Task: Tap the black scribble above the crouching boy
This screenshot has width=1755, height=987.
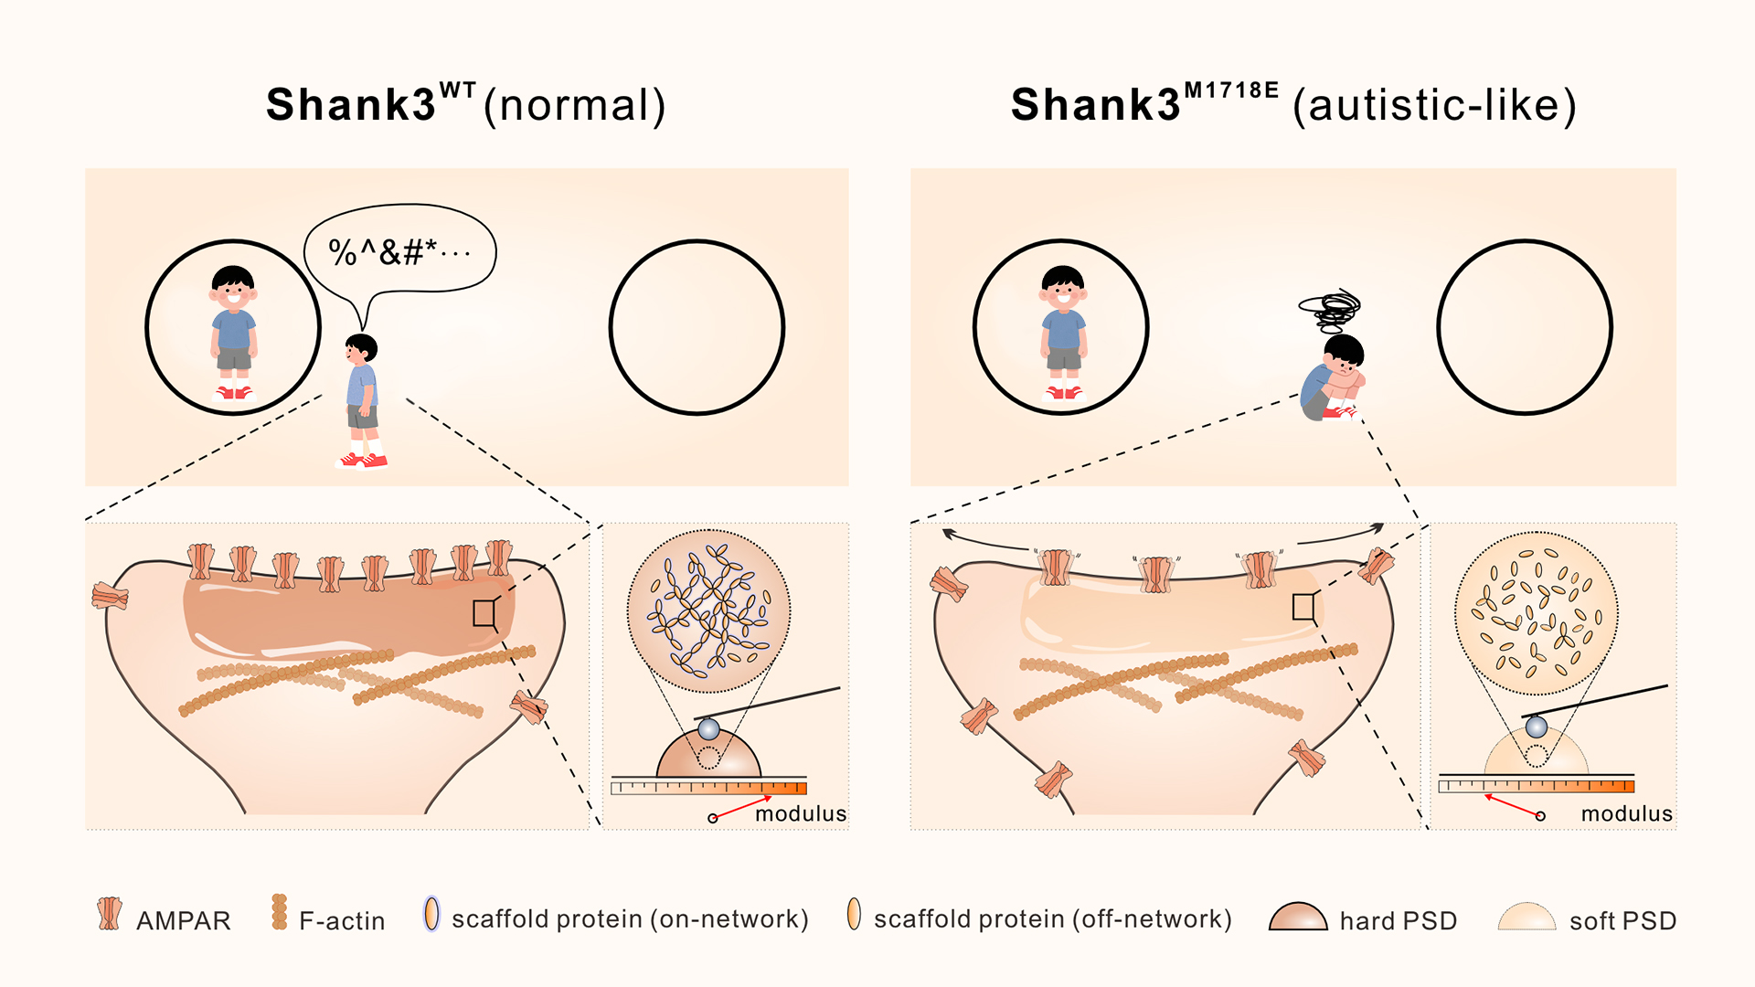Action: point(1331,311)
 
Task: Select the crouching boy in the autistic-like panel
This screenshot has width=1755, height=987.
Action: point(1334,378)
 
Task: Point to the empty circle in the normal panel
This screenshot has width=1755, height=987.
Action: point(697,327)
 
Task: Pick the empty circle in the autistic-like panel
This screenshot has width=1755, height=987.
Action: point(1525,327)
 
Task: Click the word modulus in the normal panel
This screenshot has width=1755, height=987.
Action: point(801,814)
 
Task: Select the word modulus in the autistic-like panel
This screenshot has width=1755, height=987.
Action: point(1627,814)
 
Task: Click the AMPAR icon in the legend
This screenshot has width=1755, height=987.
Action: point(110,913)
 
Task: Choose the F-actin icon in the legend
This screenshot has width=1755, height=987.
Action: point(280,912)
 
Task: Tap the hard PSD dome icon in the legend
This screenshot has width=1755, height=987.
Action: point(1298,917)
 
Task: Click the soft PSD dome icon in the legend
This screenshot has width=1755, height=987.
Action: point(1526,917)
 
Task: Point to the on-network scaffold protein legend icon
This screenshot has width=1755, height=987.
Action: point(431,913)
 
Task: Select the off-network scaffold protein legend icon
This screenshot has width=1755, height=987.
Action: point(854,913)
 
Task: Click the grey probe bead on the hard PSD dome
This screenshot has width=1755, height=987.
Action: point(708,729)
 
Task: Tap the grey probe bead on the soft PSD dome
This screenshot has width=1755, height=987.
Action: point(1537,727)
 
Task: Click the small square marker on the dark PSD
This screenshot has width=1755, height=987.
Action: point(484,613)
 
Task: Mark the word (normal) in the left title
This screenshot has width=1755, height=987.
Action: point(574,106)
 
